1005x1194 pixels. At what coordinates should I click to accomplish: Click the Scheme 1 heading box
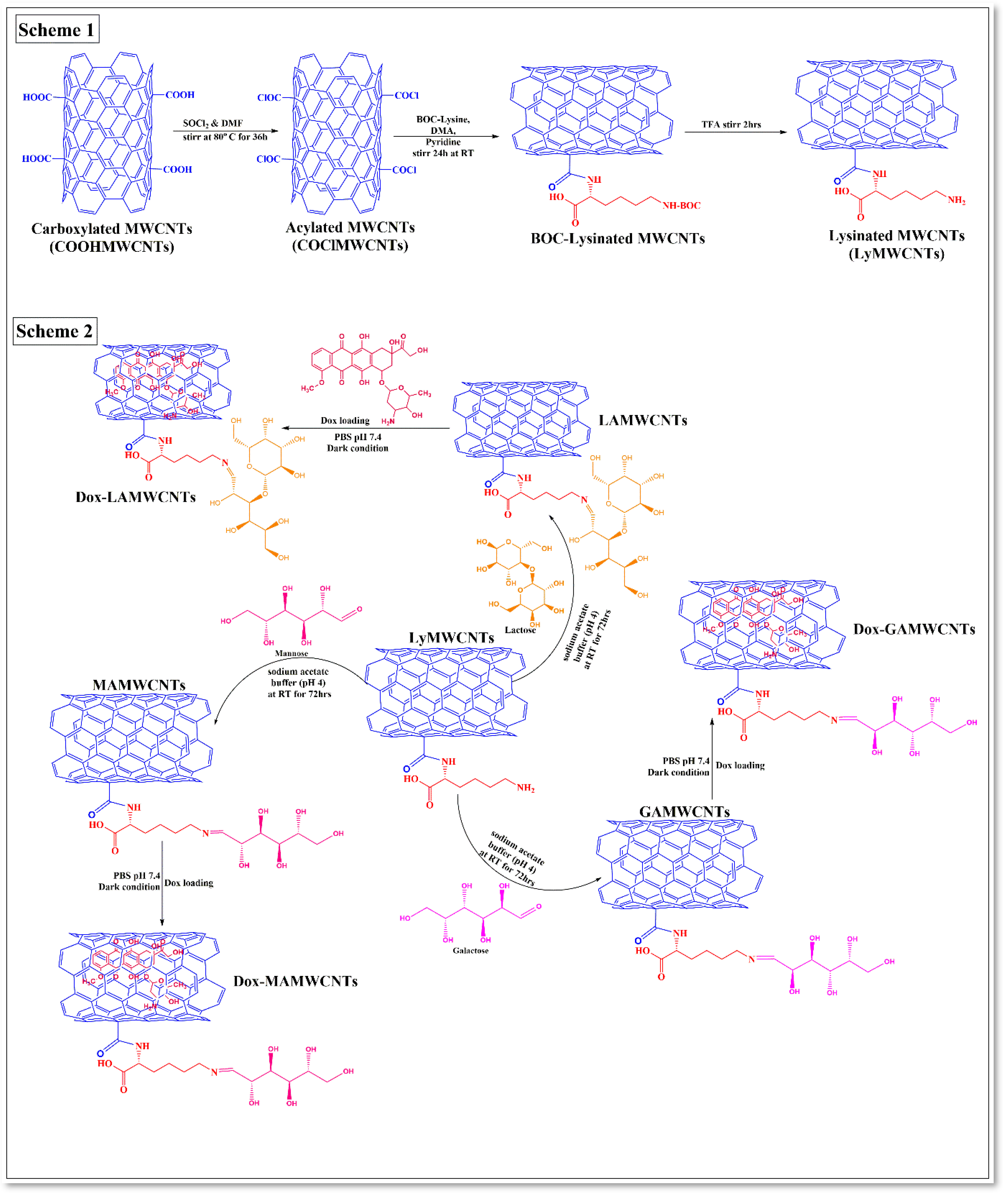click(x=57, y=30)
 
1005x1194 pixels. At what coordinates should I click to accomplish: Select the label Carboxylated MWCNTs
click(x=112, y=229)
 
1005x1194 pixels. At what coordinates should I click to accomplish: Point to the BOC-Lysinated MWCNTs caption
click(x=618, y=239)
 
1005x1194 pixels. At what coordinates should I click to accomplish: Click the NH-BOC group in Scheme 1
click(x=681, y=205)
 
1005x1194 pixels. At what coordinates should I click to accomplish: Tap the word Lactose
click(x=520, y=630)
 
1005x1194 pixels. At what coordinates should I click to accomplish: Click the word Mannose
click(x=291, y=653)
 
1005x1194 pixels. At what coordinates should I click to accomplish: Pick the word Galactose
click(x=470, y=950)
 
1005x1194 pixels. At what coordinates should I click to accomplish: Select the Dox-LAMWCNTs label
click(x=135, y=497)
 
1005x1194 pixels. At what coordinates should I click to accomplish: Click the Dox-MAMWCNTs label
click(x=295, y=981)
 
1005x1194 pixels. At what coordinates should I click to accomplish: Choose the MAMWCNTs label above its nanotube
click(x=139, y=685)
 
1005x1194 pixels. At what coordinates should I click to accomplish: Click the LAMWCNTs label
click(x=643, y=420)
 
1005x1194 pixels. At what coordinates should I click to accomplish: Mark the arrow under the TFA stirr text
click(x=735, y=132)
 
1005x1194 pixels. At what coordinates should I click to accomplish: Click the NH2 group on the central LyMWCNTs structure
click(x=525, y=788)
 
